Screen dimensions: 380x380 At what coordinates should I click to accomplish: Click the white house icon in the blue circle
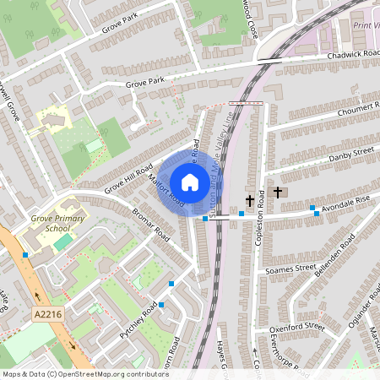coord(190,182)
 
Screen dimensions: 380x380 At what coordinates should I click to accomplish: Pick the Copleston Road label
coord(259,218)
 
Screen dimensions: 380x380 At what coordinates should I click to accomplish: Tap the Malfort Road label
coord(166,190)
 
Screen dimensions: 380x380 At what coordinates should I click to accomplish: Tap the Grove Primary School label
coord(46,223)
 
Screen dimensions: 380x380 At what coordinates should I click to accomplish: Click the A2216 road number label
coord(48,315)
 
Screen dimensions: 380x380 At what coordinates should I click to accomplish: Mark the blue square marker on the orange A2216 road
coord(26,254)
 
